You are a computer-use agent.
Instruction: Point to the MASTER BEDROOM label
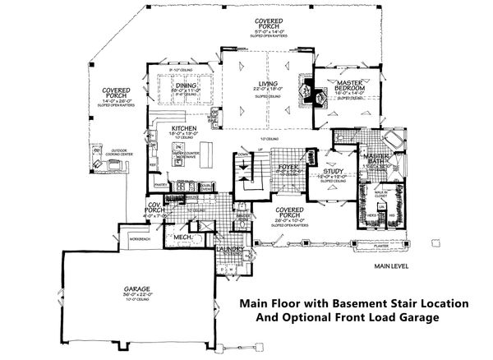(x=347, y=85)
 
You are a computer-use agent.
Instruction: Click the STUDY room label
(x=333, y=172)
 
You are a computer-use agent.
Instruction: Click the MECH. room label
(x=183, y=238)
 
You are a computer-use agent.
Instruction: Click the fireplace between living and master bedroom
(x=308, y=97)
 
